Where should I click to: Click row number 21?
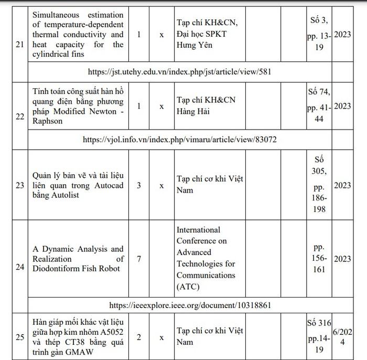coord(20,45)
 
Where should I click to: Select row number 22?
coord(20,116)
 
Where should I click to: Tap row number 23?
coord(20,185)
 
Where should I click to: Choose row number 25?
coord(20,337)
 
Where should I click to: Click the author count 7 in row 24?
coord(138,259)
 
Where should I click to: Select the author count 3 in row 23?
coord(138,185)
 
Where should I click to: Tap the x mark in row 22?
coord(161,106)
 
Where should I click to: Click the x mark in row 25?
coord(161,337)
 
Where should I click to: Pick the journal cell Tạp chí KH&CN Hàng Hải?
coord(202,105)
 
